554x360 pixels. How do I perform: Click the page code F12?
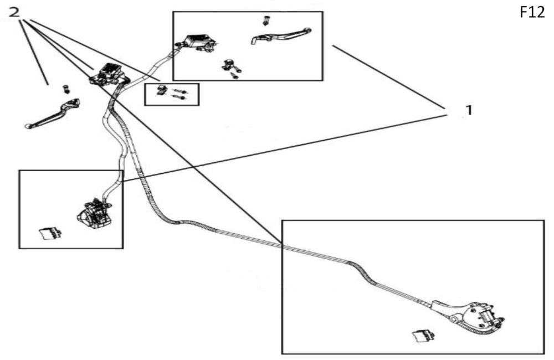(x=532, y=12)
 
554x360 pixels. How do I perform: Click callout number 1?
(x=469, y=111)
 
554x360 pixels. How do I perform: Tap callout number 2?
(x=14, y=12)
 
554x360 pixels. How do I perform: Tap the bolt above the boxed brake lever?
(x=265, y=21)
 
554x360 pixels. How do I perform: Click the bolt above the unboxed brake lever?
(x=66, y=89)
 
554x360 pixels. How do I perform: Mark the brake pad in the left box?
(x=50, y=233)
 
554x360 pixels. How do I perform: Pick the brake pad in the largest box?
(x=424, y=335)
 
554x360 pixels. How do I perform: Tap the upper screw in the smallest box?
(x=179, y=91)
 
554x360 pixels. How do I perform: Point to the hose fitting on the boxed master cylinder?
(x=178, y=44)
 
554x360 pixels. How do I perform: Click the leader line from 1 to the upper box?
(x=389, y=77)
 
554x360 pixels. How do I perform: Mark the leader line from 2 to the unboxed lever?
(x=34, y=52)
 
